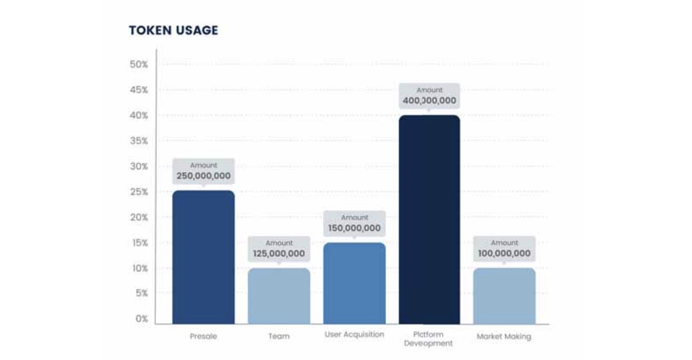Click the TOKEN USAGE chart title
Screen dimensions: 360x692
(173, 31)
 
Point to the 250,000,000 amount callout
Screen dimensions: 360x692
(203, 171)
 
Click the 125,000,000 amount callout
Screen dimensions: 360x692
(279, 249)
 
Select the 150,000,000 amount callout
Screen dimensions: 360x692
(354, 223)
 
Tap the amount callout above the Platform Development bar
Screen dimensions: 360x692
(429, 96)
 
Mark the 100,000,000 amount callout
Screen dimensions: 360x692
(504, 249)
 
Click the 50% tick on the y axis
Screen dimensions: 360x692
(139, 64)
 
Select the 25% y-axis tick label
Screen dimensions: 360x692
(139, 192)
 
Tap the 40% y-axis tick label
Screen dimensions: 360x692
(139, 115)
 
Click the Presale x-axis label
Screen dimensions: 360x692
(203, 336)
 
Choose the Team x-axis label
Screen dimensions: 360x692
(279, 336)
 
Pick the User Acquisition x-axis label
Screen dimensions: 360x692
(354, 334)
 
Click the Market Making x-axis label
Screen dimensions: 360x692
(504, 336)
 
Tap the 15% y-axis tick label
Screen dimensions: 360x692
(139, 243)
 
